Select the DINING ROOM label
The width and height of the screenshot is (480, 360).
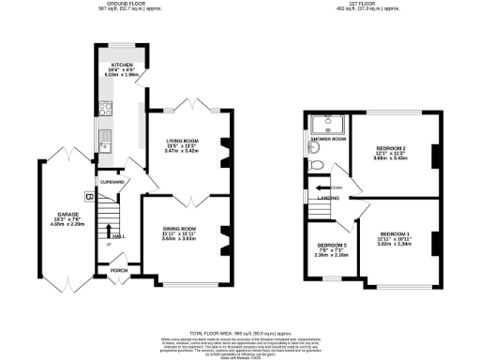point(178,229)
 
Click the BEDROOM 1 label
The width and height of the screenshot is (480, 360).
point(394,232)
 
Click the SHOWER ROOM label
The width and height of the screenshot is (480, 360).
point(328,140)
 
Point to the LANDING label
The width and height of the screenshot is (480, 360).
point(328,198)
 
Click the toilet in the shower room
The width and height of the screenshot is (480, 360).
point(317,164)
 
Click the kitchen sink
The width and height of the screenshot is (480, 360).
point(106,143)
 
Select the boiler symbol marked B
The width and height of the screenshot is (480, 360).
point(89,197)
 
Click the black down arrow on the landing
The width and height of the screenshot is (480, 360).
point(322,188)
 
